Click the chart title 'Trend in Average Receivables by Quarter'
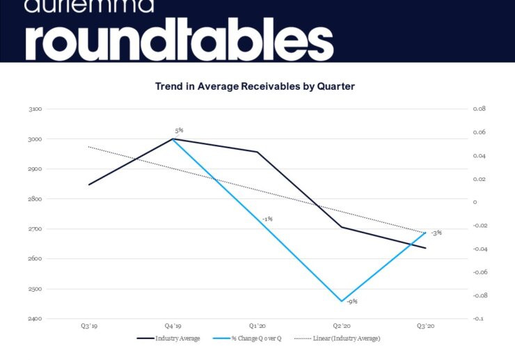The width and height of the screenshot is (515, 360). (x=255, y=86)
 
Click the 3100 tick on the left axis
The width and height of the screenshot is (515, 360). (x=36, y=109)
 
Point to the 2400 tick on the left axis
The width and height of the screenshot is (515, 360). (x=36, y=319)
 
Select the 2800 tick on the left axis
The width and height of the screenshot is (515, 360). (x=36, y=199)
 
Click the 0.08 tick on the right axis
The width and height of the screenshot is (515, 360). (x=479, y=109)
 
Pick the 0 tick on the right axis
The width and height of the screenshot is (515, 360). (x=475, y=203)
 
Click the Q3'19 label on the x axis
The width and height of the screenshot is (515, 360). (x=88, y=326)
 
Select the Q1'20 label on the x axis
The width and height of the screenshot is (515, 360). (x=257, y=326)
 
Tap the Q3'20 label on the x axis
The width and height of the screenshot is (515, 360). (x=425, y=326)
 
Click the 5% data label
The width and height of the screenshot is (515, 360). (x=179, y=130)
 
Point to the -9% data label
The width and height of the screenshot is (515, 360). (x=352, y=302)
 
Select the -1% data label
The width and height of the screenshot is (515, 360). (x=267, y=219)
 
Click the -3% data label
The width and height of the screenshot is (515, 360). (x=436, y=233)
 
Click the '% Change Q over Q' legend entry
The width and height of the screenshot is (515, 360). (x=257, y=338)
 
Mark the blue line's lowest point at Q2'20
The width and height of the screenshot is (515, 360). (x=341, y=302)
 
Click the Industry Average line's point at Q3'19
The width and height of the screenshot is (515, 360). (x=88, y=185)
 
